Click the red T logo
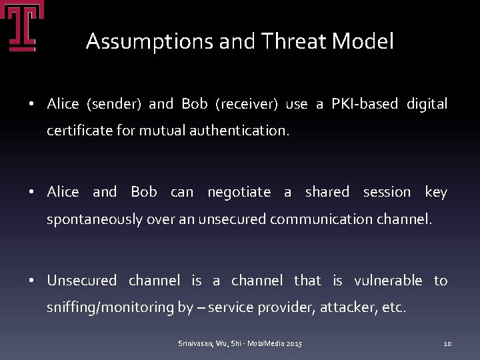[x=21, y=27]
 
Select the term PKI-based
[x=363, y=104]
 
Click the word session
[x=387, y=192]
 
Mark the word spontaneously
[x=94, y=219]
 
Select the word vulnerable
[x=388, y=281]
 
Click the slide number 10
[x=448, y=343]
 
